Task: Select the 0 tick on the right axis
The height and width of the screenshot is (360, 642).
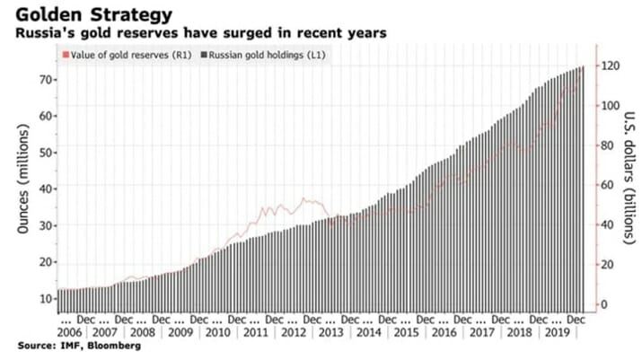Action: coord(603,304)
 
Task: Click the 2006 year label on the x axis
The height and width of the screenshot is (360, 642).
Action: coord(72,332)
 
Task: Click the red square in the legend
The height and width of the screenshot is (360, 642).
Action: coord(63,56)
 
